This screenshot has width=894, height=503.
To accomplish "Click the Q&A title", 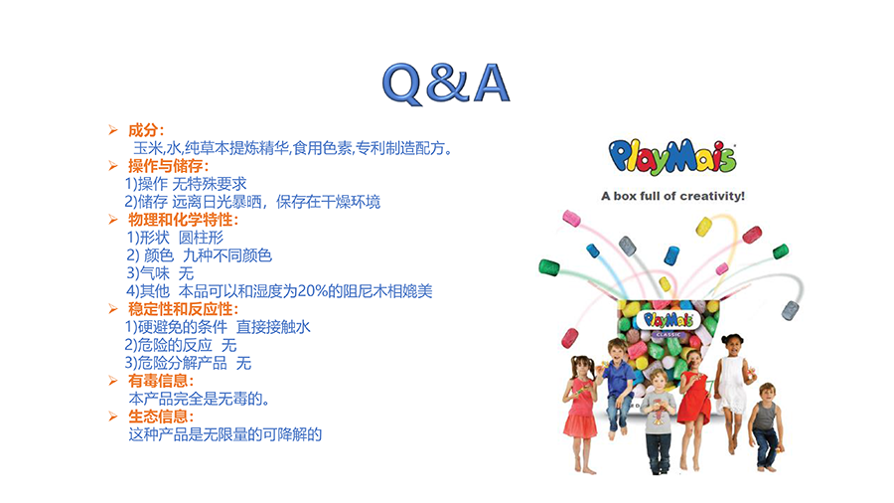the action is pyautogui.click(x=446, y=84).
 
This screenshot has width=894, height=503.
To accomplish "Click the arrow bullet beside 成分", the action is pyautogui.click(x=113, y=130).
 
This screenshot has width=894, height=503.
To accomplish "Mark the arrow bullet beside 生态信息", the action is pyautogui.click(x=113, y=417).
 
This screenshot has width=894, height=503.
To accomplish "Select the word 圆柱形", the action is pyautogui.click(x=201, y=238).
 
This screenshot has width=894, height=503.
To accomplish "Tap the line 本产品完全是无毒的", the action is pyautogui.click(x=199, y=399).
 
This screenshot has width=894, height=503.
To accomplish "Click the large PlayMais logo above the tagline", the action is pyautogui.click(x=672, y=156).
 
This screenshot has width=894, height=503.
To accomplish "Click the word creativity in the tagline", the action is pyautogui.click(x=712, y=196).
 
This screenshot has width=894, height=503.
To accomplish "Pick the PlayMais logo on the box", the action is pyautogui.click(x=669, y=320).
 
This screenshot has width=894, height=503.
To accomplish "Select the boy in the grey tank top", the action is pyautogui.click(x=766, y=426).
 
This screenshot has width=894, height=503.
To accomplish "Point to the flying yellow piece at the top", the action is pyautogui.click(x=704, y=227).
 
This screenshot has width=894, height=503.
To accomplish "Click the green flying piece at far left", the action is pyautogui.click(x=549, y=266).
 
